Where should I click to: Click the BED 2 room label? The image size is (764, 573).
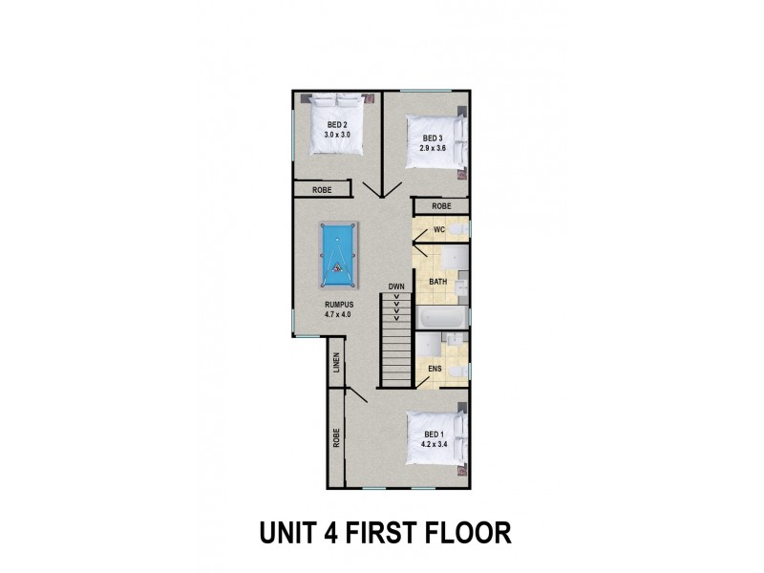(337, 125)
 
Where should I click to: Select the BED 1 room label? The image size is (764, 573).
(435, 435)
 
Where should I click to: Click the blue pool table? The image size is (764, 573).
(339, 255)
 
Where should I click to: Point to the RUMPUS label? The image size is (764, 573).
(339, 305)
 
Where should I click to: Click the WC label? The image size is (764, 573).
(439, 230)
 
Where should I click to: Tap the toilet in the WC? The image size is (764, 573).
(459, 229)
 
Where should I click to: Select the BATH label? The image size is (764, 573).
(438, 282)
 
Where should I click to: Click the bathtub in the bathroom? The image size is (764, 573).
(441, 317)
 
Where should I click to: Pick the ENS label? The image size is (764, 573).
(435, 369)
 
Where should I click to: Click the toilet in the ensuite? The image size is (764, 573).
(458, 372)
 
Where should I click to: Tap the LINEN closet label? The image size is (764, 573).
(336, 363)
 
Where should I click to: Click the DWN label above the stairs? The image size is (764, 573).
(396, 286)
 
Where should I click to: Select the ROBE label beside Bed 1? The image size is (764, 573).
(336, 438)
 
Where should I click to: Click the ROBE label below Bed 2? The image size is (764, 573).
(322, 190)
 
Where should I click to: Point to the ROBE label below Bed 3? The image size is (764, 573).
(441, 206)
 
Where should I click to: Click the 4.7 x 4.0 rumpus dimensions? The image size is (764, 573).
(339, 315)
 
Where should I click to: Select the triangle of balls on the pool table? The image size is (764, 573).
(337, 267)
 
